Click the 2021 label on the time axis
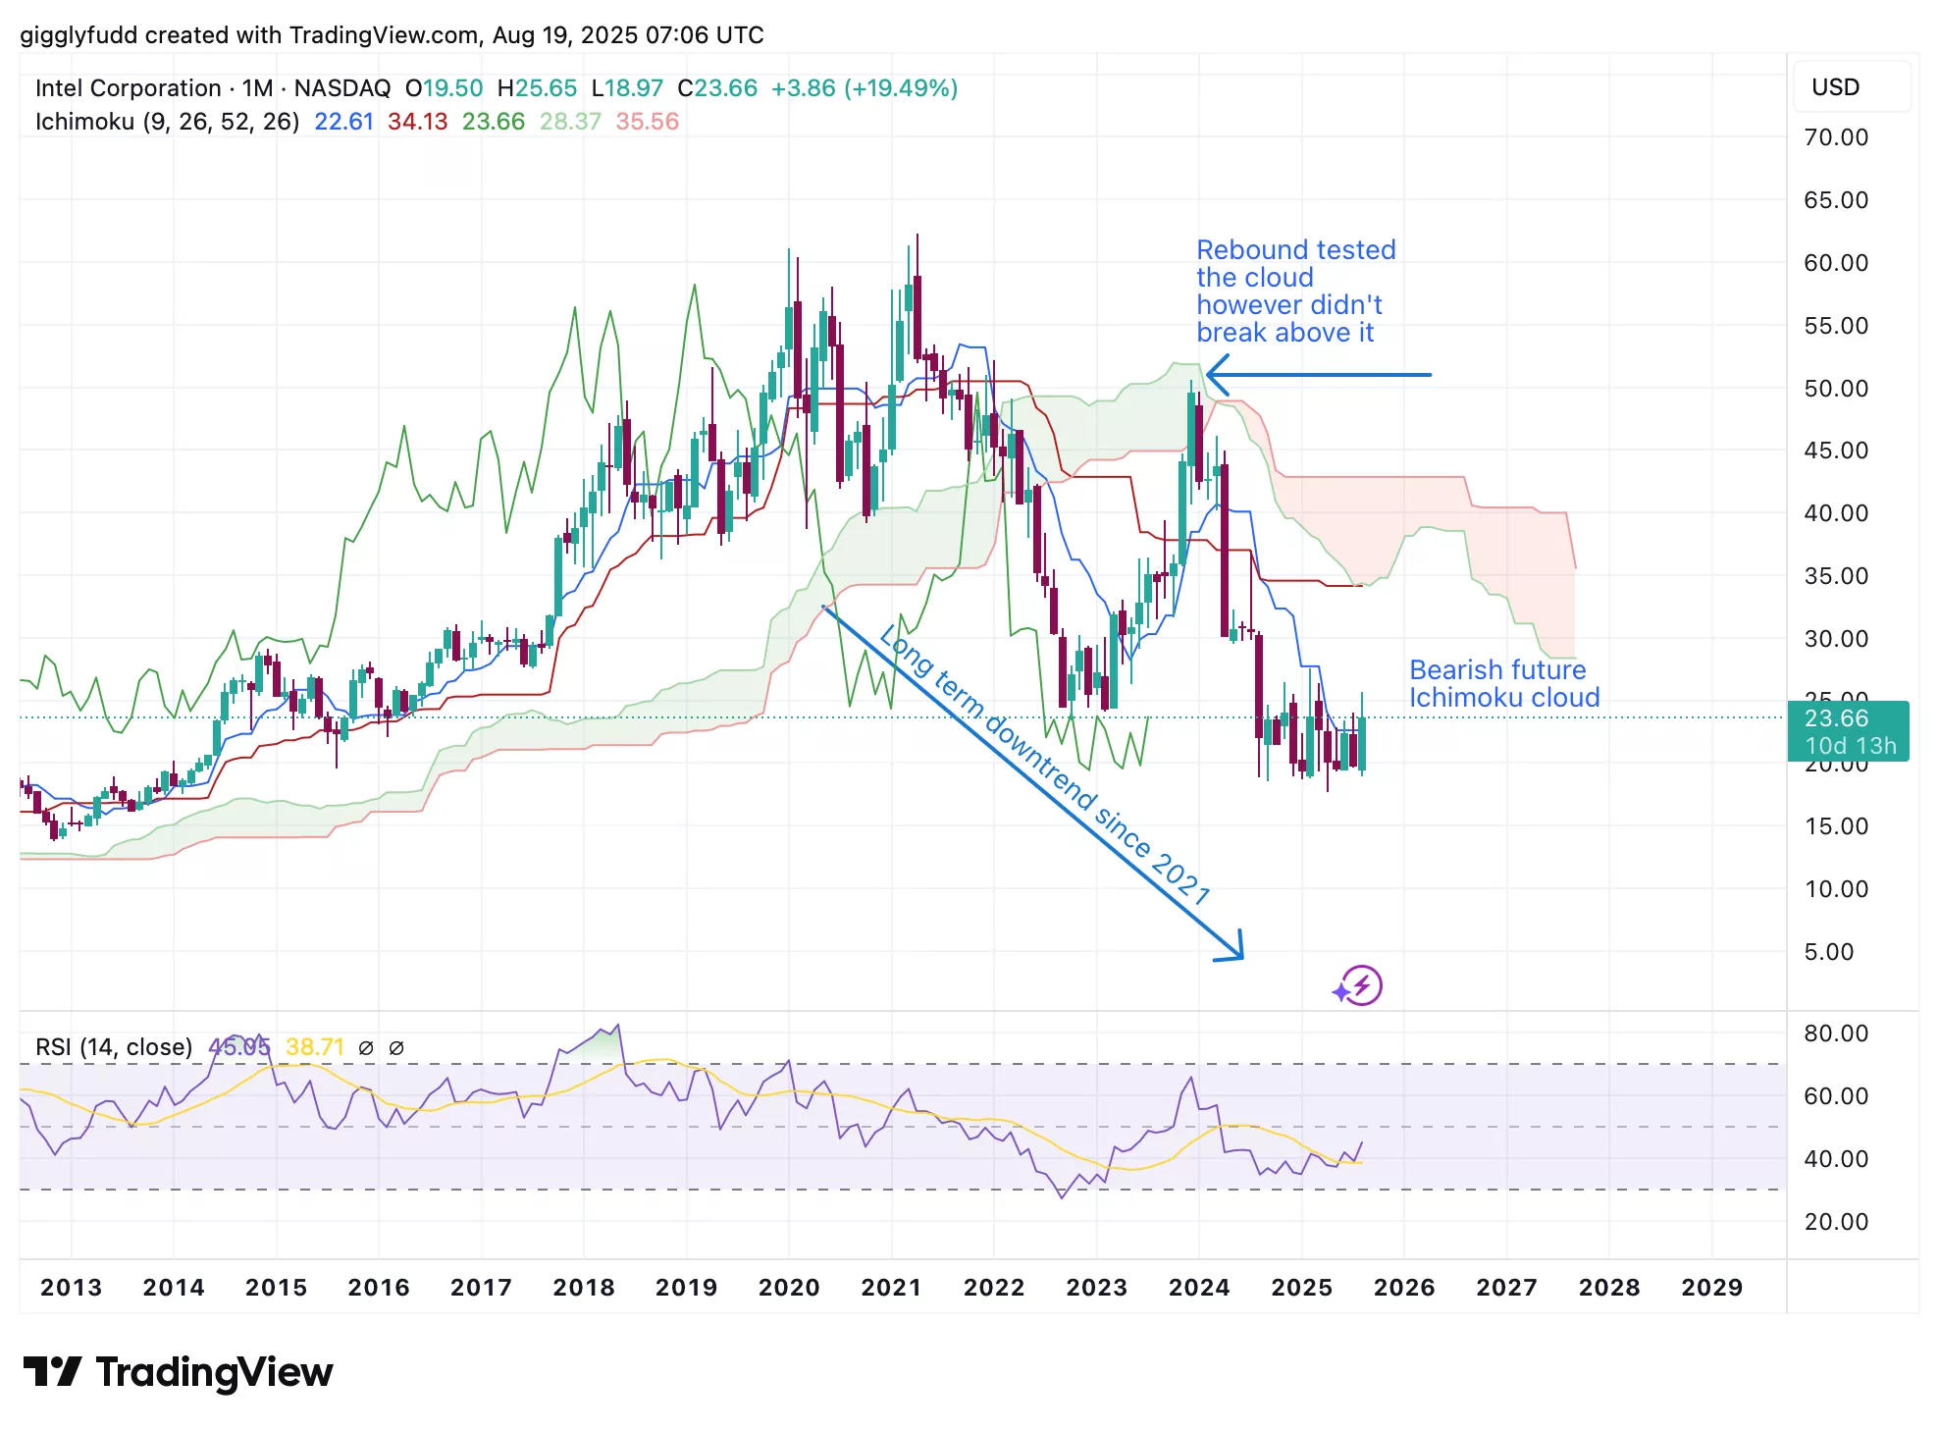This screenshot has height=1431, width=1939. click(x=891, y=1287)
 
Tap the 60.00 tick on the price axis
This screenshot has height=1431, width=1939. click(x=1835, y=263)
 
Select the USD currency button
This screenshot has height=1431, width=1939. click(x=1835, y=87)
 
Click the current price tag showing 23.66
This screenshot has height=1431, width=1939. click(x=1847, y=730)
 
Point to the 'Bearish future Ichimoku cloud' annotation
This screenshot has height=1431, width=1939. click(x=1503, y=684)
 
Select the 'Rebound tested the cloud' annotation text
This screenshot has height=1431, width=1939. click(x=1294, y=291)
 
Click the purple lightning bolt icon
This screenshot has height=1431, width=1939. click(x=1360, y=985)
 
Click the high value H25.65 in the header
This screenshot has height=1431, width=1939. click(x=537, y=88)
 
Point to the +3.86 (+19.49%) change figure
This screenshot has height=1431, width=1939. click(x=864, y=88)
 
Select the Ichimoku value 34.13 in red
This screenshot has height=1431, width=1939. click(x=417, y=122)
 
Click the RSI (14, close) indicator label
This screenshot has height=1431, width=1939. click(x=114, y=1047)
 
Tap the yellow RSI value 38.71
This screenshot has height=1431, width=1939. click(x=314, y=1047)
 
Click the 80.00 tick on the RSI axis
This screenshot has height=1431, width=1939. click(x=1835, y=1033)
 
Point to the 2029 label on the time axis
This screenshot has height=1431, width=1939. click(x=1711, y=1287)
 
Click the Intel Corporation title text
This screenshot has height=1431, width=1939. click(x=128, y=88)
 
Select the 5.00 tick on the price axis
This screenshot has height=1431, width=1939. click(x=1829, y=952)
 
